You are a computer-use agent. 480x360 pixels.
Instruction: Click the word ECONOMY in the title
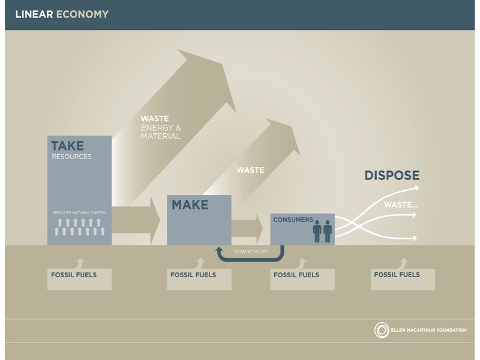coord(82,14)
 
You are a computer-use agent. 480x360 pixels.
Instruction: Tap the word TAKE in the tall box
coord(67,146)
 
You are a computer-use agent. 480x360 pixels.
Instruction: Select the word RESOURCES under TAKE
coord(71,157)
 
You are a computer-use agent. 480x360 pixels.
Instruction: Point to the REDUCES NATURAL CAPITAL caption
coord(79,212)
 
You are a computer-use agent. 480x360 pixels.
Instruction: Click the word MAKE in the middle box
coord(190,205)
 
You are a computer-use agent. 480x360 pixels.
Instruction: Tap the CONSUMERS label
coord(293,220)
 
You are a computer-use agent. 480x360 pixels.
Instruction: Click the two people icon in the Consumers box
coord(322,230)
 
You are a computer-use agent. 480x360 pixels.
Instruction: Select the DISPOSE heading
coord(392,176)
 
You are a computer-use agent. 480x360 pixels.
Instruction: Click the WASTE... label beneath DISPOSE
coord(401,205)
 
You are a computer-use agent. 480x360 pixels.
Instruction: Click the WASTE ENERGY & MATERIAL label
coord(160,127)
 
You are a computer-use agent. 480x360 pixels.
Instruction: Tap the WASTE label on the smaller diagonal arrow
coord(250,170)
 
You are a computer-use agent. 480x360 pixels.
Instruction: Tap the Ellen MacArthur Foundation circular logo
coord(381,330)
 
